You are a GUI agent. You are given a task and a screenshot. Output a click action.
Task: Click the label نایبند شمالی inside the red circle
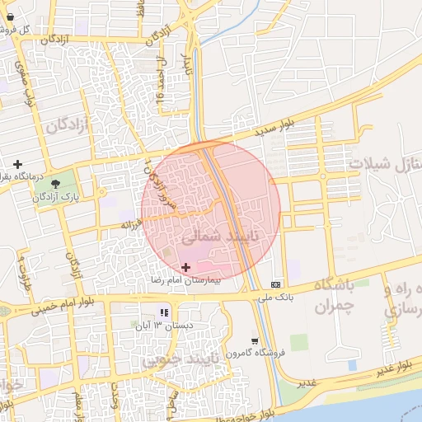pos(218,237)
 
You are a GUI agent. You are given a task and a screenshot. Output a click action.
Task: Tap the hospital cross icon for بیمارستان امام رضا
pos(185,267)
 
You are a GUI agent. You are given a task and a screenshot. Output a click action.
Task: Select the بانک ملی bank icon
pos(275,284)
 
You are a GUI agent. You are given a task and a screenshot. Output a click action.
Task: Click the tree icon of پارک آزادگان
pos(55,183)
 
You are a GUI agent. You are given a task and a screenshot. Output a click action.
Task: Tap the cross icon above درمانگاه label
pos(17,163)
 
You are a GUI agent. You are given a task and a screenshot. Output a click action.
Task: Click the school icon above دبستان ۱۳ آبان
pos(163,312)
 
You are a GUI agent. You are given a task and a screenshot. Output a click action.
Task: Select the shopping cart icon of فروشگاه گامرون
pos(255,340)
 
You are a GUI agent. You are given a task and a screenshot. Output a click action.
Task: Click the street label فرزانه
pos(133,223)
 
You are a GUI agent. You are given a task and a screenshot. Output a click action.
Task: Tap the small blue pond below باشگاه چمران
pos(353,363)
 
